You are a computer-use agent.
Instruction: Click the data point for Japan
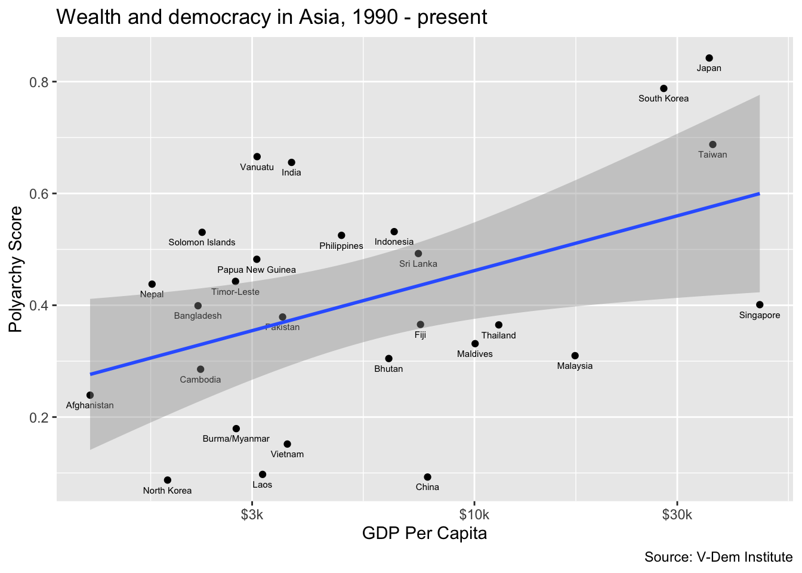[x=709, y=58]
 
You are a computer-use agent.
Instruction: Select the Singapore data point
[x=759, y=304]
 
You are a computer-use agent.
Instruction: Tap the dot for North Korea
[x=168, y=480]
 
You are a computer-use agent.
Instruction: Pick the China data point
[x=427, y=477]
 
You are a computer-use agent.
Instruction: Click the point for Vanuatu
[x=257, y=156]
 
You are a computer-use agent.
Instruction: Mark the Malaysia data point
[x=575, y=356]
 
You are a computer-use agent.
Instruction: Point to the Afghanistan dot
[x=90, y=395]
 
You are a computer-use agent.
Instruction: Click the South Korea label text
[x=664, y=98]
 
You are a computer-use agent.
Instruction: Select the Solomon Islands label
[x=202, y=242]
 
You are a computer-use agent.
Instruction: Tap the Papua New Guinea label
[x=257, y=270]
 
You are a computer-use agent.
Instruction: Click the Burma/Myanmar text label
[x=236, y=439]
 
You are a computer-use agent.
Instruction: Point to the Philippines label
[x=341, y=246]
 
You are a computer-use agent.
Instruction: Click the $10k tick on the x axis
[x=474, y=515]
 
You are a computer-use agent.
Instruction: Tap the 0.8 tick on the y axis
[x=39, y=82]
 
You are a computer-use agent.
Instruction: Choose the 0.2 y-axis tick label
[x=39, y=417]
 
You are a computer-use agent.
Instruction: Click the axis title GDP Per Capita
[x=424, y=533]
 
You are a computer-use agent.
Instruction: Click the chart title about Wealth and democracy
[x=272, y=17]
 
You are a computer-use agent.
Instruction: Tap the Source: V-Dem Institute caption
[x=718, y=557]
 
